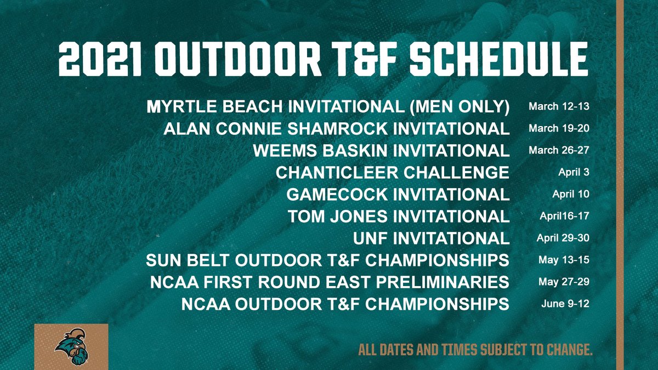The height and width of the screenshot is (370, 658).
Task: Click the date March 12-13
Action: (559, 106)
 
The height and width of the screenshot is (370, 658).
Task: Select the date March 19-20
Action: (559, 128)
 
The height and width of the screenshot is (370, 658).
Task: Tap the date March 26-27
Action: (559, 150)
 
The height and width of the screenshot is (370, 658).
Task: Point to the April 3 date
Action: (570, 172)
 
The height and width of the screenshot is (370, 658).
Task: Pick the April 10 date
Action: (570, 194)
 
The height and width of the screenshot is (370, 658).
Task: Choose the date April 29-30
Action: (562, 238)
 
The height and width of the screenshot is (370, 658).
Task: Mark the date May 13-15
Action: (564, 260)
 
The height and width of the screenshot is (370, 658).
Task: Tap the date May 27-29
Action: (564, 282)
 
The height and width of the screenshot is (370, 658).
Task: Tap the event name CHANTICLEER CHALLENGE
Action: (392, 173)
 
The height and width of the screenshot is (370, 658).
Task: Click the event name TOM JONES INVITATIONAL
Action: (399, 217)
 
